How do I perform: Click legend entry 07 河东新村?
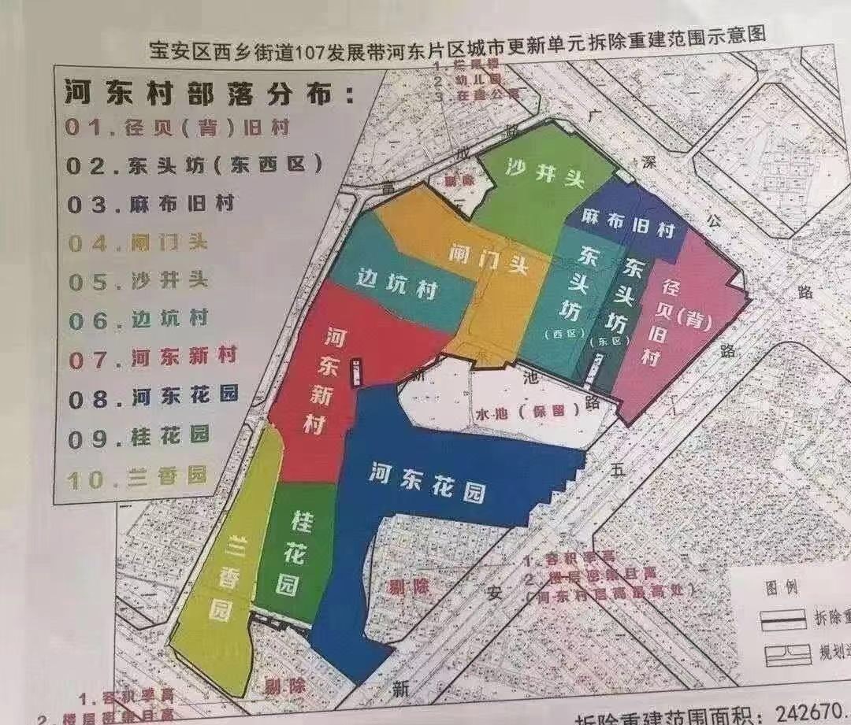tap(153, 357)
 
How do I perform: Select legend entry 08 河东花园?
tap(153, 396)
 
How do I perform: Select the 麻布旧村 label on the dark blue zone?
tap(630, 225)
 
